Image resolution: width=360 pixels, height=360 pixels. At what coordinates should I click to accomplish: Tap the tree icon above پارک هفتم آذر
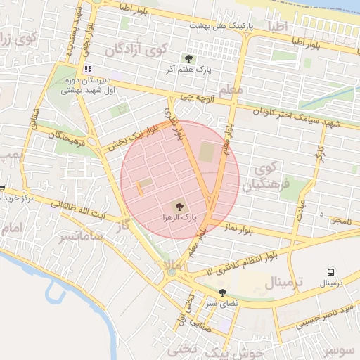pyautogui.click(x=188, y=58)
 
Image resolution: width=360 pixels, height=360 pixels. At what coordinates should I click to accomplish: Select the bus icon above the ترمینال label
pyautogui.click(x=330, y=272)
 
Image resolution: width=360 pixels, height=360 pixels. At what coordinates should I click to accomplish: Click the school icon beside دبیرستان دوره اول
pyautogui.click(x=88, y=69)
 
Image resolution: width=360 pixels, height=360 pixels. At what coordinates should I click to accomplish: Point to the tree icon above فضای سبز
pyautogui.click(x=222, y=292)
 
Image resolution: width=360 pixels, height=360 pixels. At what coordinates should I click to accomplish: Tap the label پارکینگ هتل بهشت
pyautogui.click(x=220, y=25)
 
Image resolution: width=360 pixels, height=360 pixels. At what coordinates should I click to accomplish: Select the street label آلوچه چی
pyautogui.click(x=195, y=96)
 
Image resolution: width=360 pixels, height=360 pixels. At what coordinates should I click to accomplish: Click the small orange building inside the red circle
pyautogui.click(x=139, y=188)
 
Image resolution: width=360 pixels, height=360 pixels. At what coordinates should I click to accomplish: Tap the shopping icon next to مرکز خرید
pyautogui.click(x=3, y=188)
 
